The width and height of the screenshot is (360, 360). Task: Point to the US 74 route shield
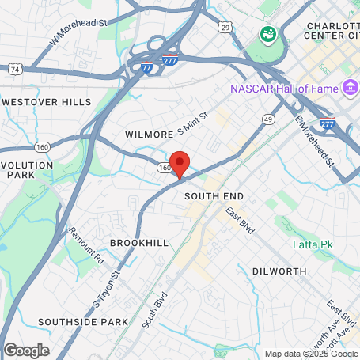pyautogui.click(x=14, y=70)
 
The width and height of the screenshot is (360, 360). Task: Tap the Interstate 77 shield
pyautogui.click(x=147, y=68)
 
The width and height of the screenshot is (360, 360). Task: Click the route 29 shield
pyautogui.click(x=225, y=28)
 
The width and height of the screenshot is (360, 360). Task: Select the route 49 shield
pyautogui.click(x=269, y=119)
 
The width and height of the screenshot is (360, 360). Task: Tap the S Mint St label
pyautogui.click(x=191, y=122)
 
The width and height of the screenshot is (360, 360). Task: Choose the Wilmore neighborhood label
pyautogui.click(x=148, y=135)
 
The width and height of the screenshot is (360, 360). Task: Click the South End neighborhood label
pyautogui.click(x=214, y=195)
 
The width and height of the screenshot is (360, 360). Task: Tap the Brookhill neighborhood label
pyautogui.click(x=139, y=242)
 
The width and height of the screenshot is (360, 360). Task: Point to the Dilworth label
pyautogui.click(x=279, y=271)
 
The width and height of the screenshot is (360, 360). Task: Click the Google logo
pyautogui.click(x=26, y=350)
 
